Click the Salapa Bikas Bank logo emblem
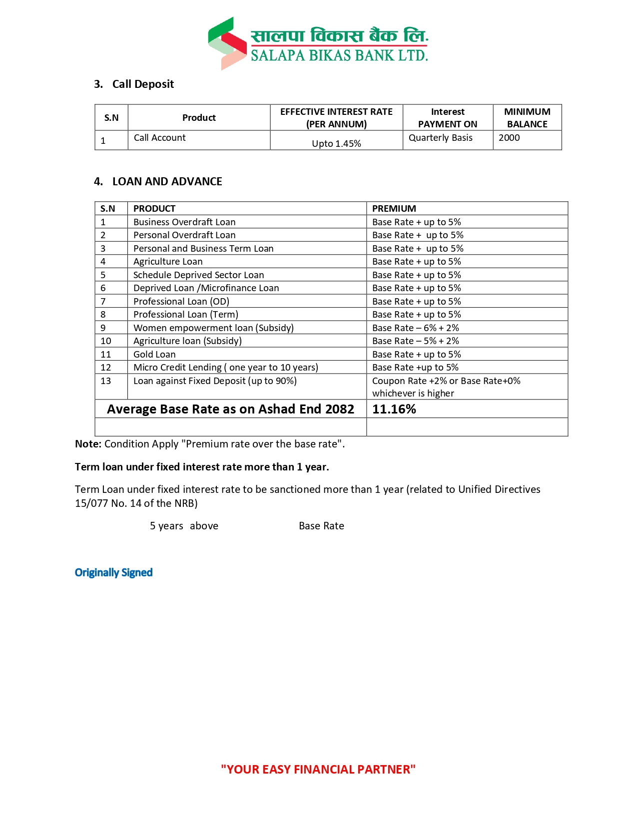227,43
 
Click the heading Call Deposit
143,84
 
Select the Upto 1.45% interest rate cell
336,143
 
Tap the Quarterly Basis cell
440,138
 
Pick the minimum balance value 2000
509,138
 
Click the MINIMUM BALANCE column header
527,118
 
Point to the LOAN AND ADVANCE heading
167,181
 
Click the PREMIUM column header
394,208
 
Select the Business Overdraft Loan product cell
184,222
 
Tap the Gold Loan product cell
154,354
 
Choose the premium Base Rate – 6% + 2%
415,328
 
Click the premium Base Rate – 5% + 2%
415,341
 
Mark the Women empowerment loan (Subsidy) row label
213,328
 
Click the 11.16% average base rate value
394,409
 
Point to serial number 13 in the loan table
106,381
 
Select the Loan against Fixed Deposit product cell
215,381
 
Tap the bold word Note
88,444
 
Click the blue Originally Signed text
113,572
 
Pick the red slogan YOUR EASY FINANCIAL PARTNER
318,769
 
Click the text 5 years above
184,526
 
